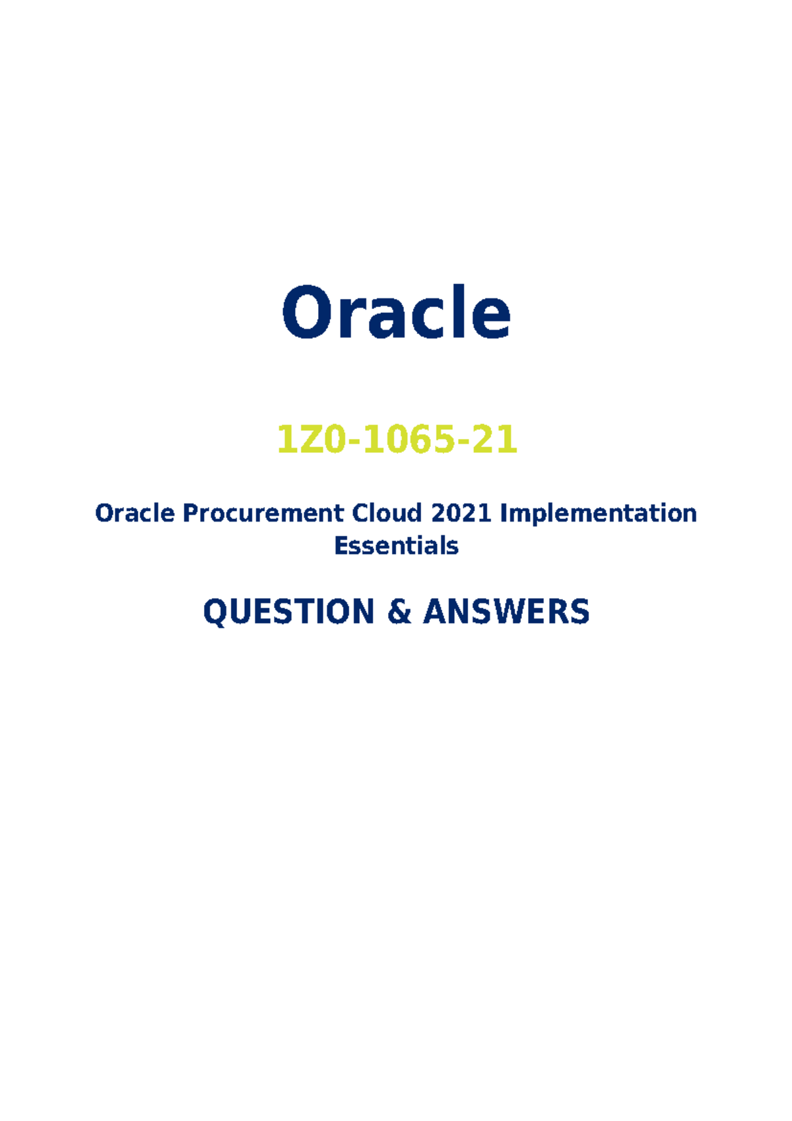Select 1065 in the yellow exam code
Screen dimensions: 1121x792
[x=411, y=440]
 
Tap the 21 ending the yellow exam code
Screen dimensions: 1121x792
[x=495, y=440]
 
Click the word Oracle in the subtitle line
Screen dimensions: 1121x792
[x=135, y=513]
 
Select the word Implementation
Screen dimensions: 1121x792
[x=598, y=513]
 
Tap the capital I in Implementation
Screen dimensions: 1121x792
[x=504, y=513]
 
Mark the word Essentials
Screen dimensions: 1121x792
[x=396, y=546]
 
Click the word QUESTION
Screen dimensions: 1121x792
[x=289, y=611]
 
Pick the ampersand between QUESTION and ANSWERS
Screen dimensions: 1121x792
[x=399, y=611]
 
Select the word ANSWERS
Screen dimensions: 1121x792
[x=506, y=611]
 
